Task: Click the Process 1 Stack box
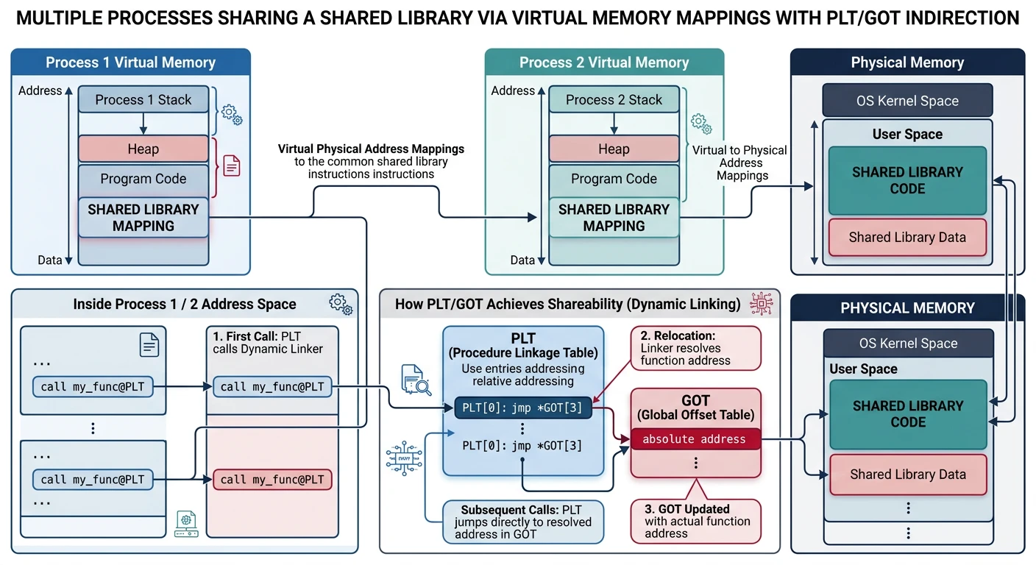143,100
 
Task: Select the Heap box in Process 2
614,149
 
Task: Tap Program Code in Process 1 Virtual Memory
143,179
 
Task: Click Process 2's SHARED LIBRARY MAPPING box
614,218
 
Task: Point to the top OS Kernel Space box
907,101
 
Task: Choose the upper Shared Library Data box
907,237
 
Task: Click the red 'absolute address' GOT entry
694,439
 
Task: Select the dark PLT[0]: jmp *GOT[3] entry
522,408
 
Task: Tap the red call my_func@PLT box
272,480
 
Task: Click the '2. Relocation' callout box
695,348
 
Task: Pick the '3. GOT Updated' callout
695,521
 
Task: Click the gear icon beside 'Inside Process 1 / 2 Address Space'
339,303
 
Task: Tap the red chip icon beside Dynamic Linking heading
759,303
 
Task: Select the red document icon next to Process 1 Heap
232,167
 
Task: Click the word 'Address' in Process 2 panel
513,90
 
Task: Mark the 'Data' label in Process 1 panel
50,260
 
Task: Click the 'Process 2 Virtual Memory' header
604,63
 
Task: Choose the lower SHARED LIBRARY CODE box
907,414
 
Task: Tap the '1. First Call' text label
268,342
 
